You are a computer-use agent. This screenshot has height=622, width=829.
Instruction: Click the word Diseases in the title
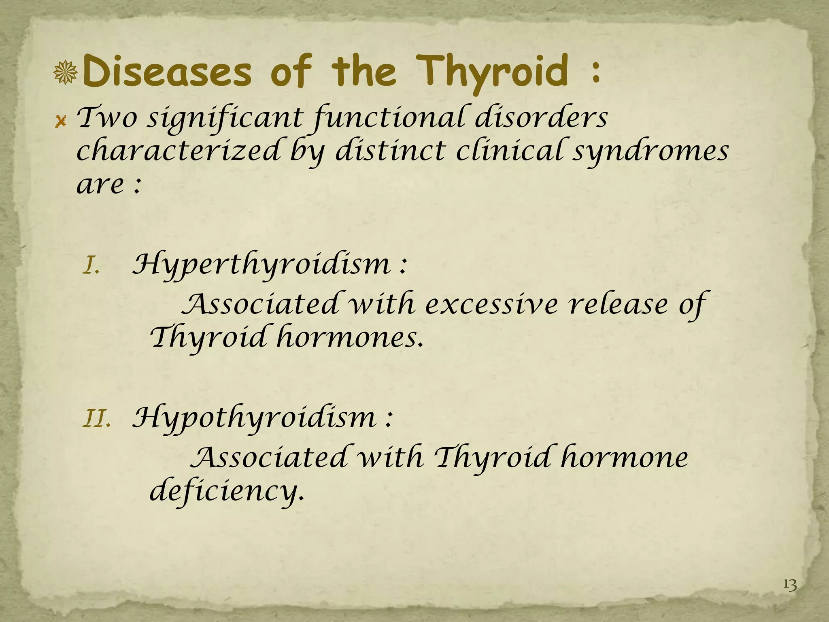coord(167,72)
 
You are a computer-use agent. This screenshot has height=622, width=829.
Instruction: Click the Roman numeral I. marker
coord(91,267)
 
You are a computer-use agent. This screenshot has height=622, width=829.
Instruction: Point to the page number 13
coord(790,585)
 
